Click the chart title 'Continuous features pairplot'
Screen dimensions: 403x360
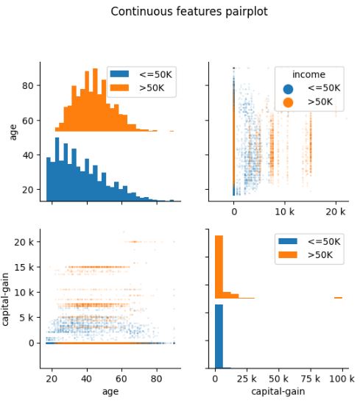coord(180,12)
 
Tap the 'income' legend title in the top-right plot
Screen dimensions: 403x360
coord(308,74)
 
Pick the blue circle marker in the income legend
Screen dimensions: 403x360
coord(285,88)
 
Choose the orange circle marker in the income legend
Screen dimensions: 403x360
coord(285,101)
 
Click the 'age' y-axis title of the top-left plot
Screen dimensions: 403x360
coord(13,132)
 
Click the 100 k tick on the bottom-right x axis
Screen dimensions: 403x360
coord(338,379)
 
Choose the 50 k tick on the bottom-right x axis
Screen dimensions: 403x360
coord(276,379)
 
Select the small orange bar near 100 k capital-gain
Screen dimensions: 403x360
coord(338,298)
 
